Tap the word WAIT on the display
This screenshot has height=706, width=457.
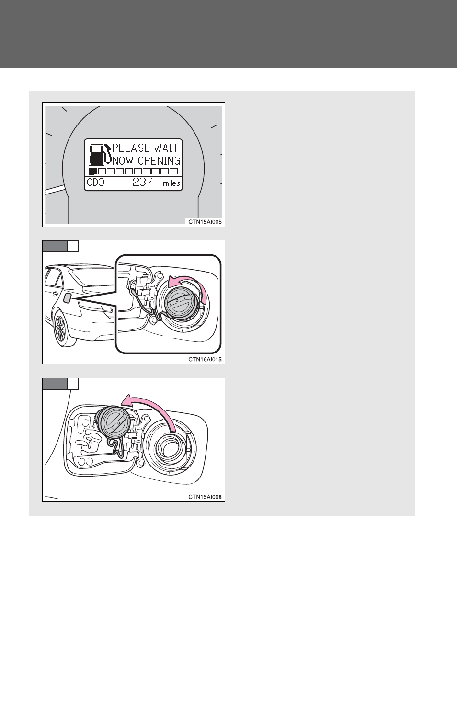[x=167, y=148]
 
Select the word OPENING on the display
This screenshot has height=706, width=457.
[x=159, y=161]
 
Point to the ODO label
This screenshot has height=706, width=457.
[x=95, y=182]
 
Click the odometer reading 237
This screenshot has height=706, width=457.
[x=142, y=182]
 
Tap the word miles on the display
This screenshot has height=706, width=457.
[x=171, y=183]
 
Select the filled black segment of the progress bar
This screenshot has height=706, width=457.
[x=92, y=171]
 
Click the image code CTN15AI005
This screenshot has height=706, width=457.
[x=205, y=222]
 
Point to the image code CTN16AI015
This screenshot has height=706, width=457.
[x=205, y=359]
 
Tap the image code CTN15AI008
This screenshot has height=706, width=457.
[x=205, y=497]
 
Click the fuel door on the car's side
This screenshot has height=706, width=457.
[x=67, y=298]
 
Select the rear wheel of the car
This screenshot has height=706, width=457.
[x=61, y=329]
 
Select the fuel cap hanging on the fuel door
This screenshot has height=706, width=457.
[x=112, y=422]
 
